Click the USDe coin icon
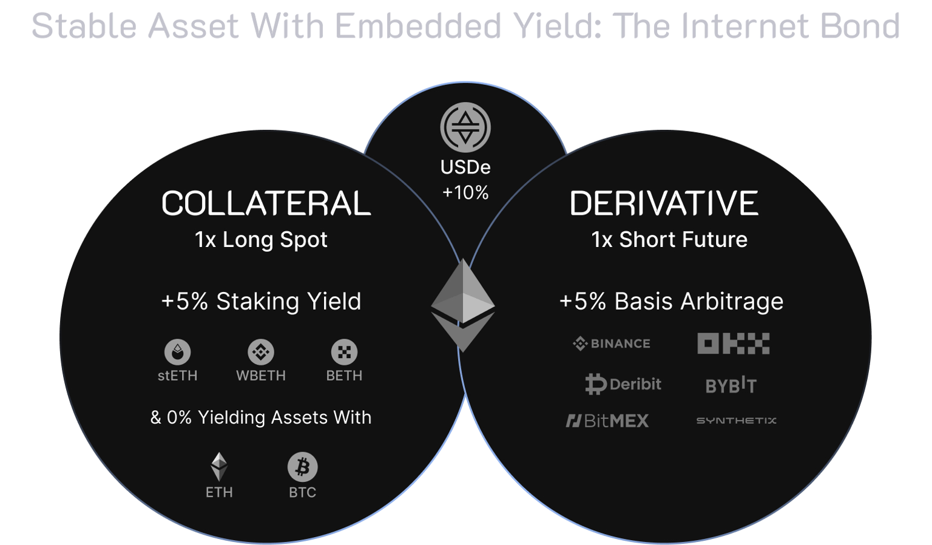point(465,127)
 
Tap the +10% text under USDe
point(465,192)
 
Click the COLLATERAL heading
point(266,203)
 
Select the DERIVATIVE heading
point(664,203)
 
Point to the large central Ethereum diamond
point(463,305)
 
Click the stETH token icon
point(178,352)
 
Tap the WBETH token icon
point(261,352)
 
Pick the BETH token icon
point(344,352)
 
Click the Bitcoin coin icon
point(303,467)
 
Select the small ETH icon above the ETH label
point(219,467)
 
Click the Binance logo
point(611,344)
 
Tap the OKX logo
point(734,344)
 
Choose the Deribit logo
point(623,384)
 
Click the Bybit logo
point(731,385)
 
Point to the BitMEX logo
point(607,421)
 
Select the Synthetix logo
point(737,421)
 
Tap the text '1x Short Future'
point(669,240)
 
